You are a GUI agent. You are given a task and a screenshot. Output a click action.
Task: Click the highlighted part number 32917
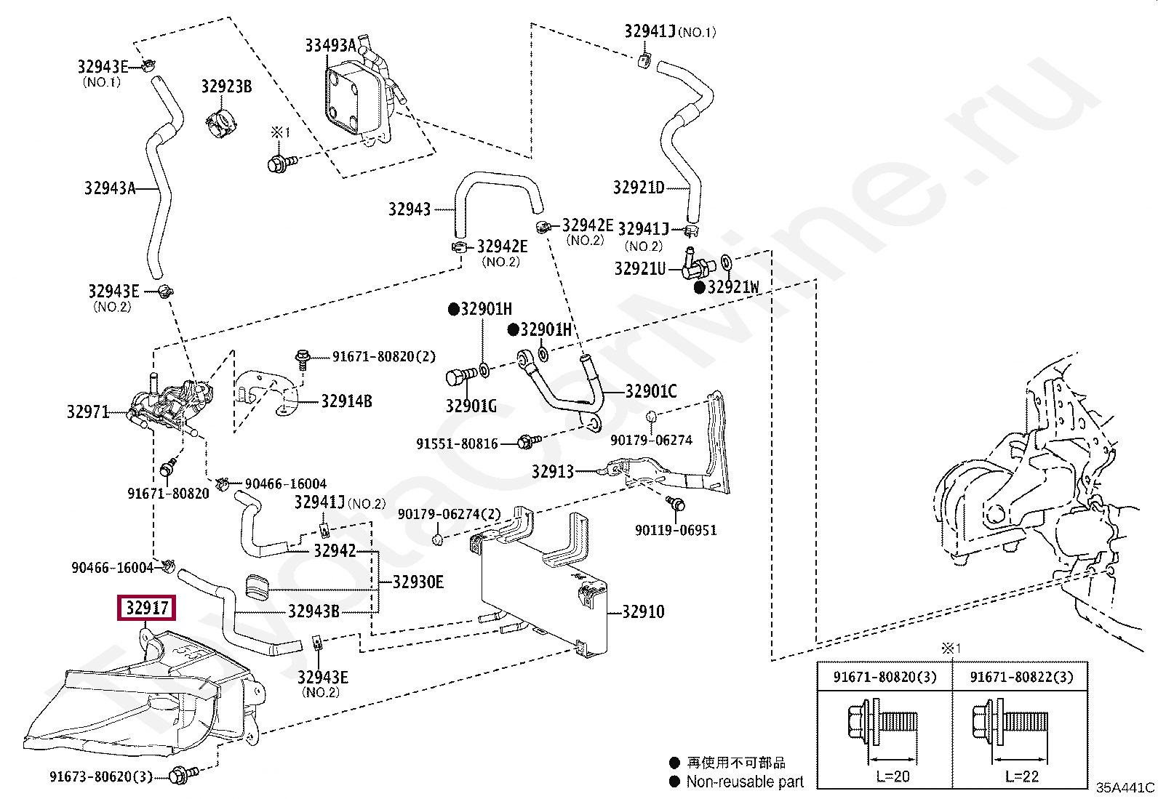[x=147, y=608]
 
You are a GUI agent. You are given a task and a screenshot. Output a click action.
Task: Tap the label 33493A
[x=331, y=46]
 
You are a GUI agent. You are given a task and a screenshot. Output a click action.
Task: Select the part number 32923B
[x=226, y=87]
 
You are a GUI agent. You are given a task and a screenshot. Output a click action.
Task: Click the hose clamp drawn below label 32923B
[x=222, y=122]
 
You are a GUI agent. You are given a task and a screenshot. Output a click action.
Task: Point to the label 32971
[x=88, y=412]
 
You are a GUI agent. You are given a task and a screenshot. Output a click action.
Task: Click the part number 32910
[x=643, y=612]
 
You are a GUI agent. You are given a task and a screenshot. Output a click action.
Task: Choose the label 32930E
[x=418, y=582]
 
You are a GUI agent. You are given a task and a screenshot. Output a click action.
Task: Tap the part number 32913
[x=553, y=471]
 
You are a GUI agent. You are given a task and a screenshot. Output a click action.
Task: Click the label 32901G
[x=471, y=406]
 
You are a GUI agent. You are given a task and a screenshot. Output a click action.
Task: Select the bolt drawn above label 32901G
[x=461, y=376]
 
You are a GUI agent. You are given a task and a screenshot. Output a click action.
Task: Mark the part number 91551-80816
[x=457, y=443]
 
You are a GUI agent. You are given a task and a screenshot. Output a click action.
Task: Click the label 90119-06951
[x=676, y=530]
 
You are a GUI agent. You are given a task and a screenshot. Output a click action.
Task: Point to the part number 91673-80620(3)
[x=101, y=776]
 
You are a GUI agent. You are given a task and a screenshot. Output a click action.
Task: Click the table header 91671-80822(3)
[x=1021, y=677]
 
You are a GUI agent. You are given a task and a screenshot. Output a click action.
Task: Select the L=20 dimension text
[x=893, y=776]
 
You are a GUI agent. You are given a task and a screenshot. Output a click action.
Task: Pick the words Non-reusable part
[x=745, y=782]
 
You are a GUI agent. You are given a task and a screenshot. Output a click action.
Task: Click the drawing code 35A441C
[x=1125, y=787]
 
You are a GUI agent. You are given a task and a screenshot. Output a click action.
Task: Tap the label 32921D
[x=639, y=187]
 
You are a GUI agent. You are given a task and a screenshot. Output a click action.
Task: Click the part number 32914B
[x=346, y=401]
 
